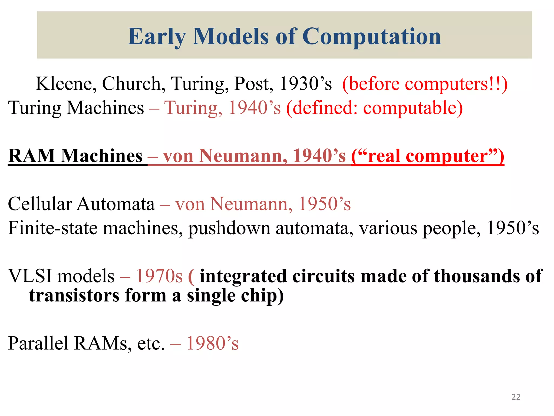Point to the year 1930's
pyautogui.click(x=305, y=84)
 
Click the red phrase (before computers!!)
pyautogui.click(x=425, y=84)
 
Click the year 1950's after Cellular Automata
pyautogui.click(x=324, y=204)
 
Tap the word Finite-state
pyautogui.click(x=52, y=228)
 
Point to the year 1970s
pyautogui.click(x=159, y=276)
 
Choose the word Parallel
pyautogui.click(x=38, y=343)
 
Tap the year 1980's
pyautogui.click(x=212, y=343)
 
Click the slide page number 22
pyautogui.click(x=516, y=397)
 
